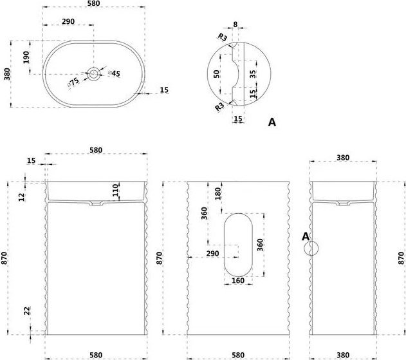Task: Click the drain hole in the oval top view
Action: coord(93,74)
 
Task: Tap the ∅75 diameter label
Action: coord(73,82)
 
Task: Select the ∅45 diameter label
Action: coord(114,73)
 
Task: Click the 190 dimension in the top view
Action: coord(26,57)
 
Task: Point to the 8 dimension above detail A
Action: coord(235,24)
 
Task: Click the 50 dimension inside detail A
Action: coord(216,74)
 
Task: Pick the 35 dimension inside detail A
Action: coord(253,74)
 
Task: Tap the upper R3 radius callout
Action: coord(222,37)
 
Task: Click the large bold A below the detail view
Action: coord(272,122)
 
